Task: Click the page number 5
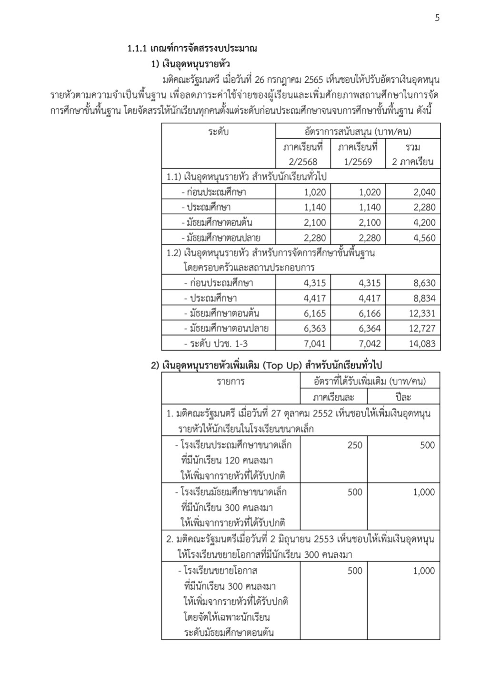(437, 18)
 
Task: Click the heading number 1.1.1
(137, 48)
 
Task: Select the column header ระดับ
(218, 131)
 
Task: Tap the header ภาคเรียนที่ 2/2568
(303, 154)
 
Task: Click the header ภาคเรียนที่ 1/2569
(358, 154)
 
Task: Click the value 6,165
(315, 313)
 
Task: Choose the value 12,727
(421, 328)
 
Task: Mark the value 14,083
(421, 343)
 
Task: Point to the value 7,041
(315, 343)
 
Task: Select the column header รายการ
(231, 382)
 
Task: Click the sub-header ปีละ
(403, 397)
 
